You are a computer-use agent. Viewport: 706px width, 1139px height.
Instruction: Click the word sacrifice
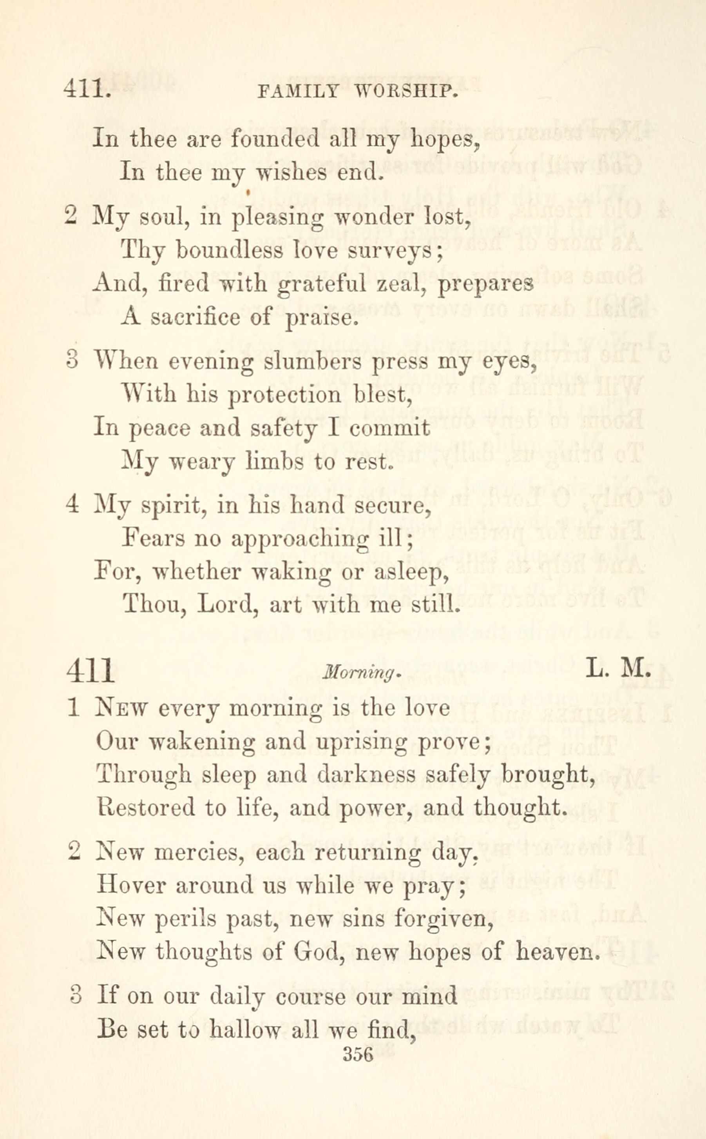pyautogui.click(x=197, y=317)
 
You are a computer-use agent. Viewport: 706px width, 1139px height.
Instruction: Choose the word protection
pyautogui.click(x=284, y=395)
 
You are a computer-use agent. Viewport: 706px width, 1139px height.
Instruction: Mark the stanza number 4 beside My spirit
pyautogui.click(x=72, y=505)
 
